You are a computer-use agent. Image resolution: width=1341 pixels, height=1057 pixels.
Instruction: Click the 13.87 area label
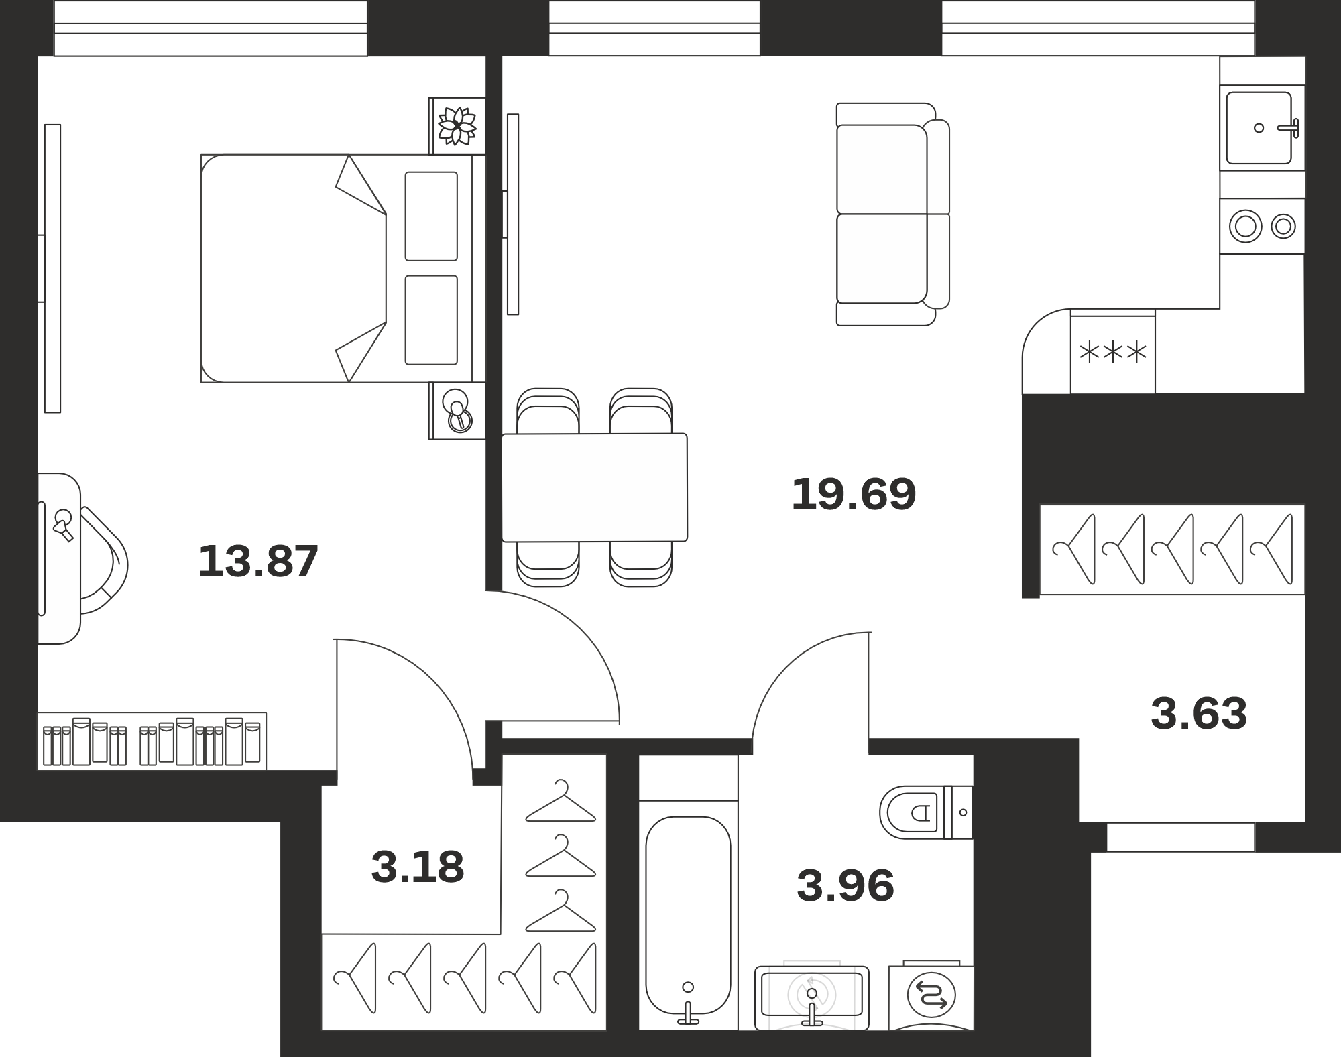(258, 561)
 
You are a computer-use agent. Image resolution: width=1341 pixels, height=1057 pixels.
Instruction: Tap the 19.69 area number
(854, 494)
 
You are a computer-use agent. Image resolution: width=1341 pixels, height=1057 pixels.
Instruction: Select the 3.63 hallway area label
(1199, 713)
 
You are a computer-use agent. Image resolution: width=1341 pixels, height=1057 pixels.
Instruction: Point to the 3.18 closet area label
(417, 867)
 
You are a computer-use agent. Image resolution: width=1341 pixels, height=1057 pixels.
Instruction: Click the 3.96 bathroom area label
(846, 885)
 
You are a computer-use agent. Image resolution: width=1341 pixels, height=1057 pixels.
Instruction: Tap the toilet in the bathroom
(925, 812)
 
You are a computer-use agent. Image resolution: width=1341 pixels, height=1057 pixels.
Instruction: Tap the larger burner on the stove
(1245, 226)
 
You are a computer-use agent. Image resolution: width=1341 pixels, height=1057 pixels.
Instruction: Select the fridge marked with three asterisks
(1112, 351)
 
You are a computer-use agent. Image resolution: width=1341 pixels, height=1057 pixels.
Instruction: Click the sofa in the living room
(893, 214)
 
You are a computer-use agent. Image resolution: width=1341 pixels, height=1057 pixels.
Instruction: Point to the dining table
(595, 487)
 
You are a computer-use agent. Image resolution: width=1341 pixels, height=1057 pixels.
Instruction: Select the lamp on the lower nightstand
(458, 410)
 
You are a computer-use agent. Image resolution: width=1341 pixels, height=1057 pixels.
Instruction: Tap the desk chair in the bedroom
(103, 560)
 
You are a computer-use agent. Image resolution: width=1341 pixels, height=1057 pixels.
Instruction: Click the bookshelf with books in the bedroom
(152, 741)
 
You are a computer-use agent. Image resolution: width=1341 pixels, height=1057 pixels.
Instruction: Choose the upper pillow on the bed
(431, 216)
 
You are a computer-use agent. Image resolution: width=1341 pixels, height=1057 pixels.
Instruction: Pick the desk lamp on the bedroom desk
(64, 525)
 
